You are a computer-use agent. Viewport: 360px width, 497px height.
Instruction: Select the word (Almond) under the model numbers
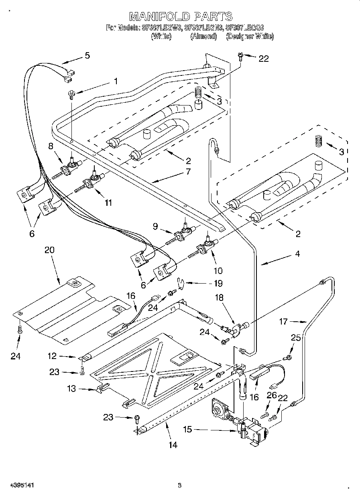203,36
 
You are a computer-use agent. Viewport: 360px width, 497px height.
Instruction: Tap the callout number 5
87,55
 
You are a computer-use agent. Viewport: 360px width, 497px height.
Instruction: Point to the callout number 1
116,81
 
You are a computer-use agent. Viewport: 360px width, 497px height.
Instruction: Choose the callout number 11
108,203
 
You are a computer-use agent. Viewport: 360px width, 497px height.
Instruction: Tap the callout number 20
49,250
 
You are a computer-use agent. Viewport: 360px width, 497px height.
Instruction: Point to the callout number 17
283,321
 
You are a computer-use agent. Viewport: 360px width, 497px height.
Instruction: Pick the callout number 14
173,445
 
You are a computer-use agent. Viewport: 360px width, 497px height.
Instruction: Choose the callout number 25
295,338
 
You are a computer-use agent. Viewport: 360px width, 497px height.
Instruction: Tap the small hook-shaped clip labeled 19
182,283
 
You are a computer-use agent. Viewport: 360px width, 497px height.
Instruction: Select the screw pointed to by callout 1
71,94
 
